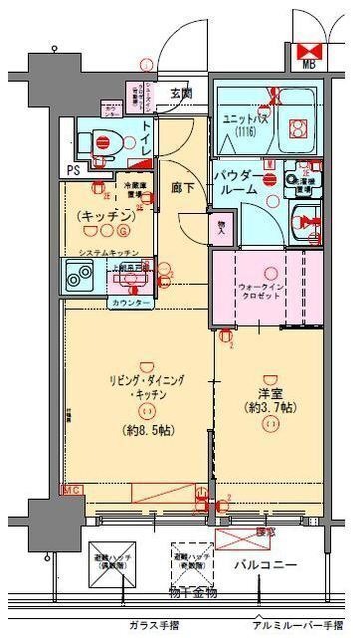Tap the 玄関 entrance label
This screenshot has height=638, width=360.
(181, 94)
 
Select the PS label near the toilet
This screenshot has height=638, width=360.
(73, 170)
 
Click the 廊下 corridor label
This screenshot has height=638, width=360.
(182, 185)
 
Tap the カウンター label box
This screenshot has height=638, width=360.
(131, 302)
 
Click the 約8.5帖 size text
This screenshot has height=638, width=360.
(146, 431)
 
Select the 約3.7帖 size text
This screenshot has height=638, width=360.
(269, 408)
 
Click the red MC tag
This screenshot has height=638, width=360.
(71, 491)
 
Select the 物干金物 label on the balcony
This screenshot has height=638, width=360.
(185, 595)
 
